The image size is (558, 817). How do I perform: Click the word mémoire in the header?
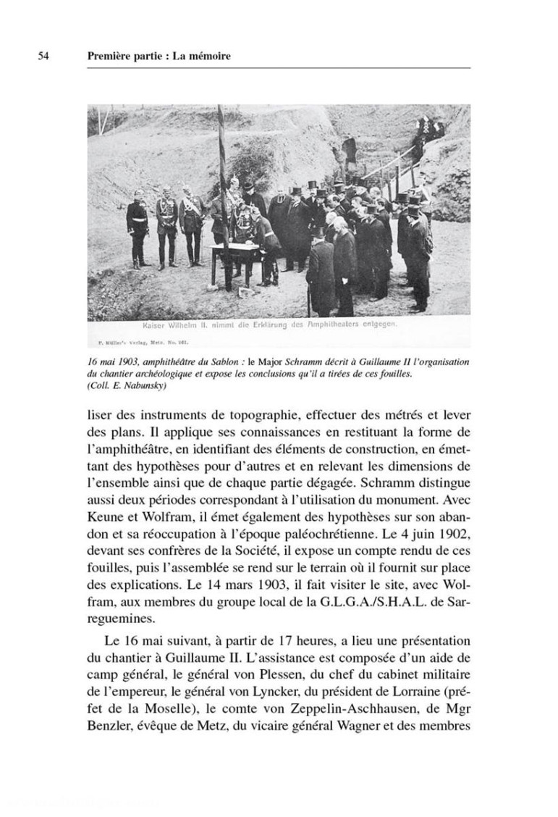(211, 56)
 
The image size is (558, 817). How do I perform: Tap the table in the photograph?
(234, 251)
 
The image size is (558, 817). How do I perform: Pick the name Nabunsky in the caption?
(145, 385)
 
